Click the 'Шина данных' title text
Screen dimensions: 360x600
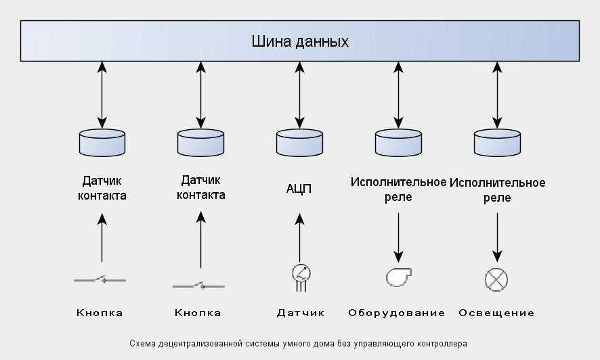tap(300, 41)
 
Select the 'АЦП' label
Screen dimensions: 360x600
tap(299, 188)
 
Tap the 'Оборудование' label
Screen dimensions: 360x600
tap(397, 313)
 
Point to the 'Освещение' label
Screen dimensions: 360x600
tap(496, 313)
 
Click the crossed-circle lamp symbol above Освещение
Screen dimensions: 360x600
tap(497, 279)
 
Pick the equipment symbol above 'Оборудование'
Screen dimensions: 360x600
tap(398, 277)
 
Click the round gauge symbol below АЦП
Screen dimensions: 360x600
tap(300, 275)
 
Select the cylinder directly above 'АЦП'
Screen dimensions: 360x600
tap(299, 141)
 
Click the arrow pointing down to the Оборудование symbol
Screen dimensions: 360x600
tap(398, 237)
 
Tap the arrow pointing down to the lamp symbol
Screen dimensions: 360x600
tap(497, 237)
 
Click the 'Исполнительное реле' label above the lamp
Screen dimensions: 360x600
tap(498, 190)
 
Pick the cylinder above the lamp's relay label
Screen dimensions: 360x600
tap(497, 141)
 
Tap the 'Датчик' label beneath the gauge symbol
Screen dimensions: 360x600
tap(300, 313)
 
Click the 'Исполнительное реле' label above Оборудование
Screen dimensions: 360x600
tap(398, 189)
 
